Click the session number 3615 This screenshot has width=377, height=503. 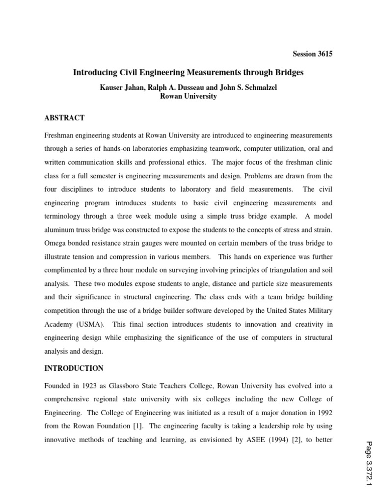324,54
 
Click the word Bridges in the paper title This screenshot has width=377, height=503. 288,72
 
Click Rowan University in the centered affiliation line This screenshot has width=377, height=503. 188,96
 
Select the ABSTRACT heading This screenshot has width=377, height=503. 64,118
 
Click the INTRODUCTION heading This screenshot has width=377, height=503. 74,368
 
